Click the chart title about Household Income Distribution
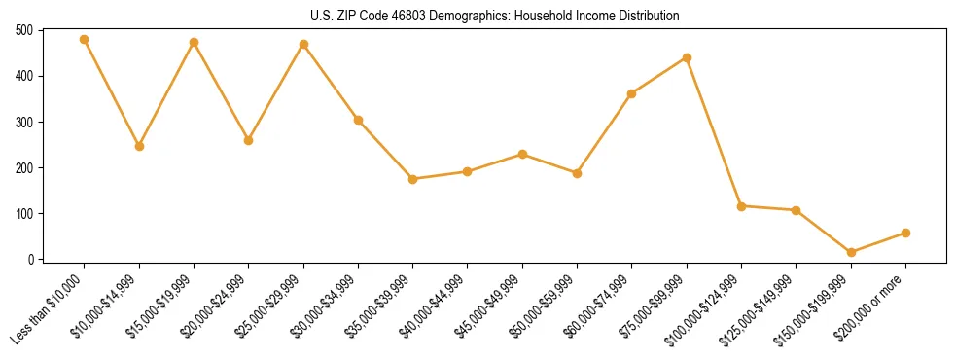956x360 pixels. pos(478,16)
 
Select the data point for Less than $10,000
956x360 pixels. pos(85,40)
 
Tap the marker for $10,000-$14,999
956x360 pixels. pos(139,146)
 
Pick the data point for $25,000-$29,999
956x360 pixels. pos(303,44)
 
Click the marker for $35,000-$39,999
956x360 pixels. pos(412,179)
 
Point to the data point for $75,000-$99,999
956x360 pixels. pos(687,57)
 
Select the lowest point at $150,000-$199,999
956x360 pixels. pos(851,252)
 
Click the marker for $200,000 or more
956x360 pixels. pos(905,233)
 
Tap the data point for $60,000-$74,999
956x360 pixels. pos(632,93)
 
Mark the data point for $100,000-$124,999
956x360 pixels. pos(741,206)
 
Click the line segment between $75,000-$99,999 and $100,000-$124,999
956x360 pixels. pos(714,132)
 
